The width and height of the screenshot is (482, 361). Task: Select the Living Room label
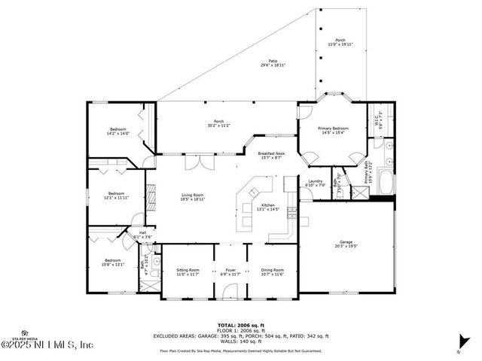(x=192, y=197)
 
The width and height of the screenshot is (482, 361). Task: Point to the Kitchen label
(x=267, y=207)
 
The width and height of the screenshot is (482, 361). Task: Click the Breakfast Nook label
(x=270, y=155)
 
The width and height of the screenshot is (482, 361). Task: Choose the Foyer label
(x=230, y=271)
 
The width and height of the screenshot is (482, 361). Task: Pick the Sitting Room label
(x=188, y=271)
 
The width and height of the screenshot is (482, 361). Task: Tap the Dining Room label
(x=272, y=271)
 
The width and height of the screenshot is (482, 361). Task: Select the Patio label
(x=273, y=63)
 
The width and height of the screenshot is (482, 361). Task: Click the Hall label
(x=142, y=235)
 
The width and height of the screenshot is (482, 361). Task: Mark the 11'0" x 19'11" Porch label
(x=340, y=43)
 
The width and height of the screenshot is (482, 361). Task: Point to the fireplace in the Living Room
(x=149, y=198)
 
